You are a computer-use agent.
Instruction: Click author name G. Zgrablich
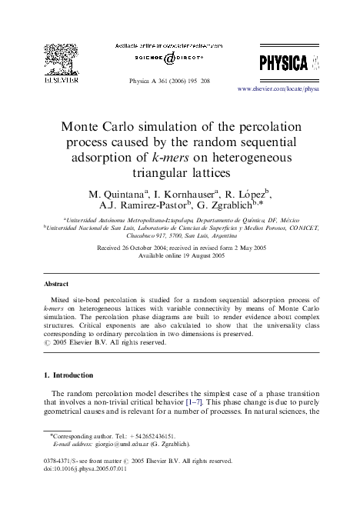point(226,205)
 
